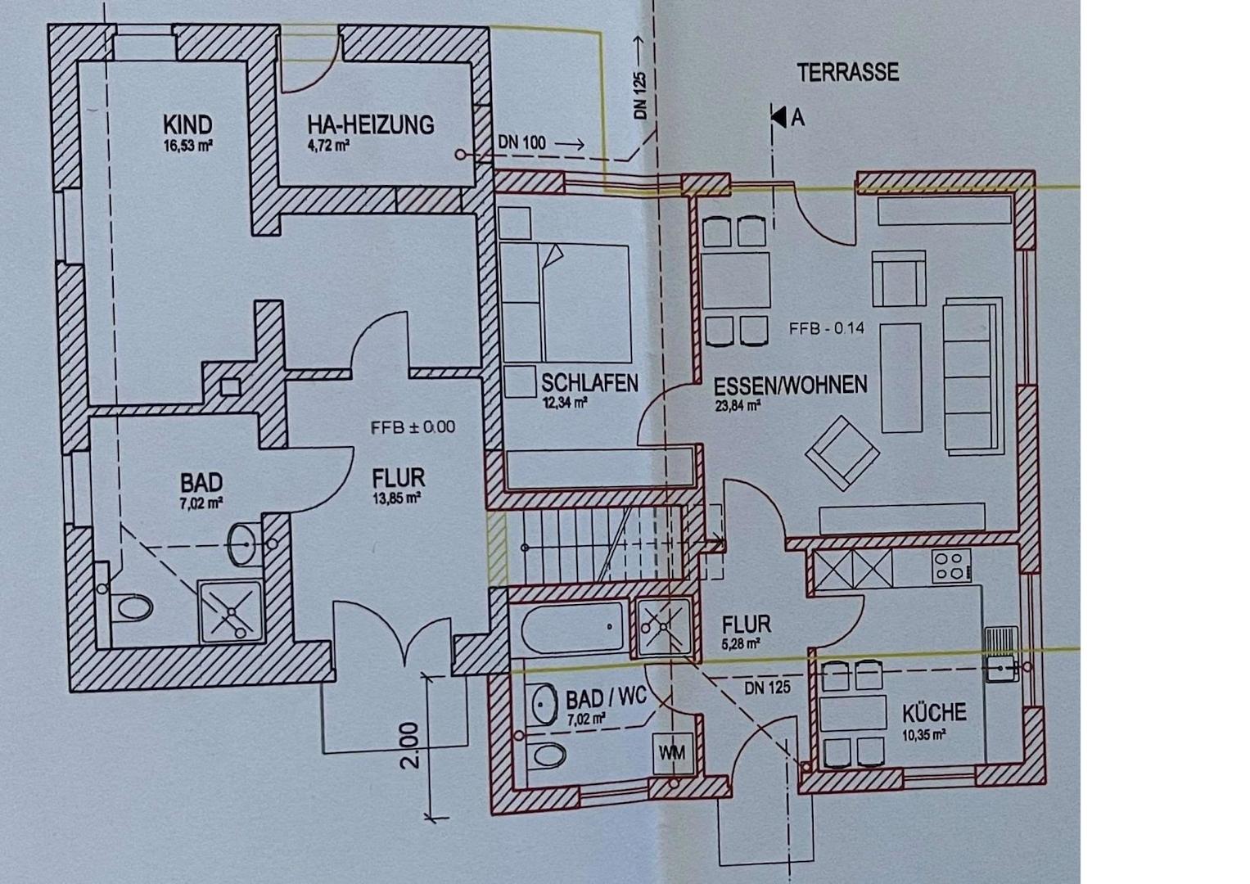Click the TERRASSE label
(847, 73)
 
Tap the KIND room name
(187, 124)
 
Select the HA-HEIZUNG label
(371, 124)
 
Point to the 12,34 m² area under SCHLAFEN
(564, 403)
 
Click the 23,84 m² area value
(738, 405)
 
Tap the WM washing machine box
(671, 752)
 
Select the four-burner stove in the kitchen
(951, 566)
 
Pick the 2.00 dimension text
(409, 745)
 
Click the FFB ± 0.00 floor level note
(413, 427)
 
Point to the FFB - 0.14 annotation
(827, 328)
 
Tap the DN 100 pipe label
(521, 143)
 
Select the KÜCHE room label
(934, 713)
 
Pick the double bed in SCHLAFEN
(565, 303)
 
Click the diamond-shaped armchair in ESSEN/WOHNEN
(842, 453)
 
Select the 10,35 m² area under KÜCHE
(924, 735)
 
